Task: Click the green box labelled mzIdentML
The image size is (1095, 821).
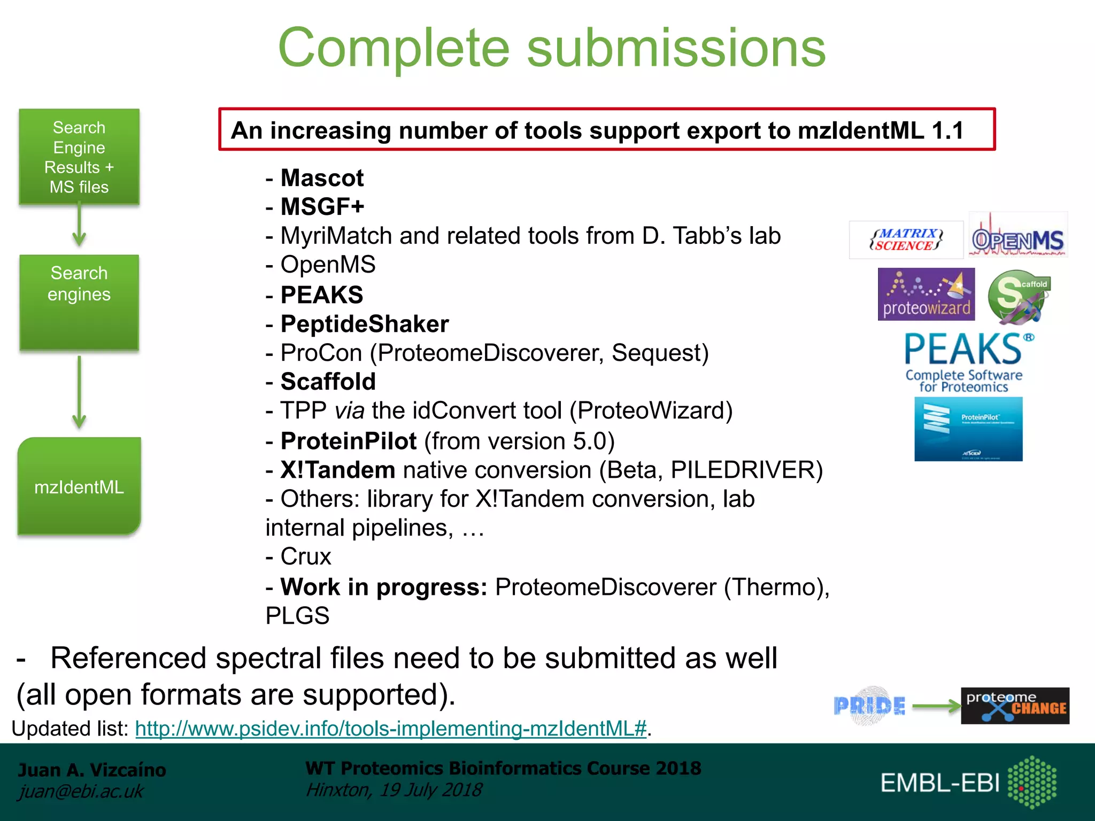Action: point(79,486)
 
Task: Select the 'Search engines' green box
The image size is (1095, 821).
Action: point(79,302)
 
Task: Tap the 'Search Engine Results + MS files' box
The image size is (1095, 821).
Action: point(79,157)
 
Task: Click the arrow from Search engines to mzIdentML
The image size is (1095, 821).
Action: point(79,393)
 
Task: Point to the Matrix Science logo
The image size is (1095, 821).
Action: point(906,239)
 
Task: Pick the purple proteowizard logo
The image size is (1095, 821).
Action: point(926,295)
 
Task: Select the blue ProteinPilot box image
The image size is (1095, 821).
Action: point(968,429)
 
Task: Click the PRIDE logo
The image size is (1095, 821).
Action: point(869,706)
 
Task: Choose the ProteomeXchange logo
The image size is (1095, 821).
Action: point(1015,706)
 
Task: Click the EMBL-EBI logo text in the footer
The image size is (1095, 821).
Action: point(940,783)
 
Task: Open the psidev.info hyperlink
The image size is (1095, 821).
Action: point(391,728)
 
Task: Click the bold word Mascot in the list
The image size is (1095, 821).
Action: point(322,178)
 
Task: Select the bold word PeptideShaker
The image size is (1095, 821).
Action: point(365,324)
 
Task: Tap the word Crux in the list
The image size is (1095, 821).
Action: point(306,556)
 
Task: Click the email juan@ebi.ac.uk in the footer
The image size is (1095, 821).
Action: point(81,791)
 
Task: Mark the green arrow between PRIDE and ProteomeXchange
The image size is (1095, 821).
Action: point(936,706)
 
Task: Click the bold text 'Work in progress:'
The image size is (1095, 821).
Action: point(384,587)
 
